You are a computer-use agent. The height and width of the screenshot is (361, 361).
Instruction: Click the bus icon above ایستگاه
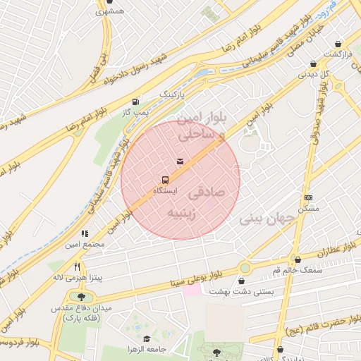(166, 180)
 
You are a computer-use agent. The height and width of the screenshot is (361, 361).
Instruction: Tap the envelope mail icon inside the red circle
(180, 162)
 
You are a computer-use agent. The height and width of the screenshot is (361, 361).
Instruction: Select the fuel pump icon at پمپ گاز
(135, 101)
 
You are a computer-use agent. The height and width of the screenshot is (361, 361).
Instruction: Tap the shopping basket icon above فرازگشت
(338, 44)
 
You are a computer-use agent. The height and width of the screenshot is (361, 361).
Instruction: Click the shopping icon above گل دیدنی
(312, 63)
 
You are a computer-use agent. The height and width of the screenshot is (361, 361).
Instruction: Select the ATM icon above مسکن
(307, 197)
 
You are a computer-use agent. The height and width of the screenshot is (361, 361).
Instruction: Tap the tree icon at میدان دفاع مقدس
(82, 298)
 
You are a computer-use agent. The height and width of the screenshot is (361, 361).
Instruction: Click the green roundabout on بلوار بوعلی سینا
(245, 268)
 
